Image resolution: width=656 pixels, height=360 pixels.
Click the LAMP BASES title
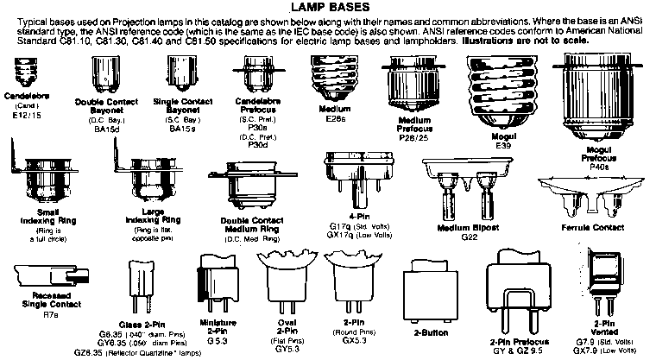327,9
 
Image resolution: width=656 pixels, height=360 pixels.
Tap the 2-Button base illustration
427,288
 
